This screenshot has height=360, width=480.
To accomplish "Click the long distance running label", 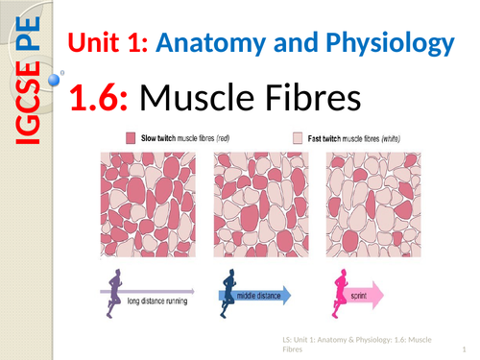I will [x=156, y=300].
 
